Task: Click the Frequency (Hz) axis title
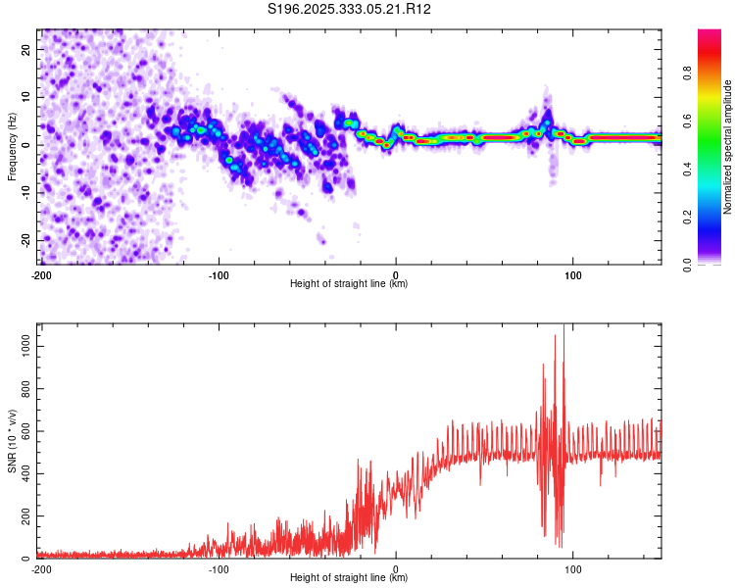pos(12,147)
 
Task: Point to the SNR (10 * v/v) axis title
pos(12,441)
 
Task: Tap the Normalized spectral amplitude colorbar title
pos(727,147)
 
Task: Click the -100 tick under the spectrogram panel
pos(218,273)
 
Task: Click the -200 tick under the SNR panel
pos(40,568)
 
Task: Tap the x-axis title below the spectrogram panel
pos(349,283)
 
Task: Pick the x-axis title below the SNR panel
pos(349,578)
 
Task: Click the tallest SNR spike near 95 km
pos(563,327)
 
